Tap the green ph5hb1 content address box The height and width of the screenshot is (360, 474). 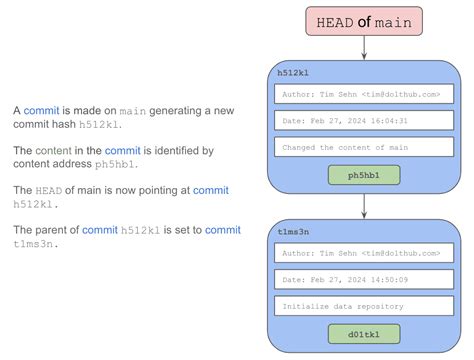(x=363, y=175)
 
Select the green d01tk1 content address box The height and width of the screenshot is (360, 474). (x=363, y=333)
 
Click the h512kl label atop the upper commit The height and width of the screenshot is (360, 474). (x=293, y=73)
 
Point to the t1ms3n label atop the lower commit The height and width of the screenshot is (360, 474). (x=293, y=231)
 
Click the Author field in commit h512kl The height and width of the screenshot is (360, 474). (x=363, y=95)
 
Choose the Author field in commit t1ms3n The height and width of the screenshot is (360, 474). (x=363, y=253)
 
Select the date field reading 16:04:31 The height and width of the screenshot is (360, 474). (x=363, y=121)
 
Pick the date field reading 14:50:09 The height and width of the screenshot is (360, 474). (x=363, y=279)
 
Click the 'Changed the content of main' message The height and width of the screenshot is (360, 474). (x=363, y=147)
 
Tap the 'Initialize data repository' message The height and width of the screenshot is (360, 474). (x=363, y=305)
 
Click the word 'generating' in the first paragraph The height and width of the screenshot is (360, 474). (x=187, y=111)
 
